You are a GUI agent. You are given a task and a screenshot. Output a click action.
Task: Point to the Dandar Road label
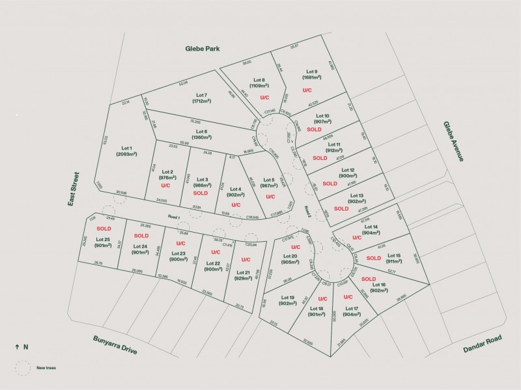[x=483, y=343]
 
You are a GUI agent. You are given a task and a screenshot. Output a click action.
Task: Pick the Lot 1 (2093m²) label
[x=126, y=151]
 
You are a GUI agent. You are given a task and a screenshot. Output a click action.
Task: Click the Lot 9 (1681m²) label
[x=311, y=75]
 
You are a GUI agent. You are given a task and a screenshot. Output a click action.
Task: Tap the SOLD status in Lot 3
[x=201, y=193]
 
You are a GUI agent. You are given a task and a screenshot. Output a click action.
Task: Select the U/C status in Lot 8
[x=264, y=97]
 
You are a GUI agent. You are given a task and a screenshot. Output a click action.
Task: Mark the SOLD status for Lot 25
[x=104, y=229]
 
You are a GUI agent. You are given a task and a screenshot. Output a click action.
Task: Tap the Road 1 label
[x=173, y=217]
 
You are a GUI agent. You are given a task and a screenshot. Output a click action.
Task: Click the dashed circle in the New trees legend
[x=23, y=367]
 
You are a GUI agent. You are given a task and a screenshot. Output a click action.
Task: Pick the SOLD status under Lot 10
[x=324, y=129]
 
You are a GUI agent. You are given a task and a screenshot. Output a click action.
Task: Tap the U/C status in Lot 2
[x=165, y=186]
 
